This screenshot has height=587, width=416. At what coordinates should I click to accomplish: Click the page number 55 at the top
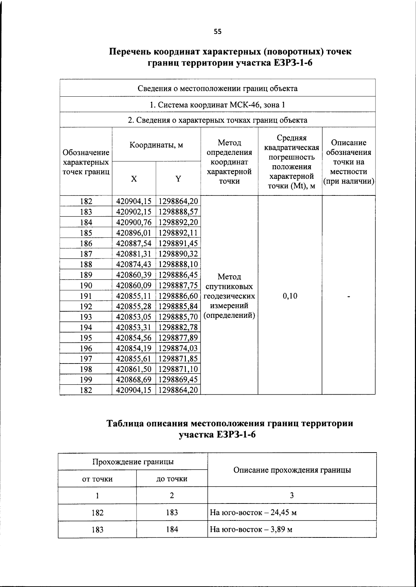coord(217,32)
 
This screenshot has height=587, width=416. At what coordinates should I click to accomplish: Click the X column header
coord(134,179)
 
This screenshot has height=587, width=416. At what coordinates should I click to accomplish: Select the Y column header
coord(178,179)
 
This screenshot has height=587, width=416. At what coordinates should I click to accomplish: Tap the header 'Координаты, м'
coord(156,145)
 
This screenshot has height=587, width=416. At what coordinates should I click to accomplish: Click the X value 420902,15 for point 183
coord(134,212)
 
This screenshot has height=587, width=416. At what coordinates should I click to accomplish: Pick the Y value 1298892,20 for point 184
coord(178,222)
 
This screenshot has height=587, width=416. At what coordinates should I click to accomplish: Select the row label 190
coord(86,286)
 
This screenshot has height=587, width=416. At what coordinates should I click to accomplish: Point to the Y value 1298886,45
coord(178,275)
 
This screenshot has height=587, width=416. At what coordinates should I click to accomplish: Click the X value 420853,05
coord(134,317)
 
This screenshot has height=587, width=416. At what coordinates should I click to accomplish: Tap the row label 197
coord(86,359)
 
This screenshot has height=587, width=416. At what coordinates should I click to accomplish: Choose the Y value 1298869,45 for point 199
coord(178,379)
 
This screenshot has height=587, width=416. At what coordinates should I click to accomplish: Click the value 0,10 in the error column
coord(290,296)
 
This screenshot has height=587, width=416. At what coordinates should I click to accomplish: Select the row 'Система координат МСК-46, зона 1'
coord(217,105)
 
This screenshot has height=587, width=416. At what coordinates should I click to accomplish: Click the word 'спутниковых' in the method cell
coord(229,287)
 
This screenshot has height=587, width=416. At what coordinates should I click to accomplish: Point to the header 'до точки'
coord(172,479)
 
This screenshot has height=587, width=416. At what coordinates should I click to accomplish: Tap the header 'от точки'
coord(97,479)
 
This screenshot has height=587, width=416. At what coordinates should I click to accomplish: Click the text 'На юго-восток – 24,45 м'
coord(253,512)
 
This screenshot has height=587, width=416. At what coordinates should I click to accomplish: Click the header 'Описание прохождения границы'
coord(292,470)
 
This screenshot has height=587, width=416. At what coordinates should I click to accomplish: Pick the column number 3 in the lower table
coord(292,496)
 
